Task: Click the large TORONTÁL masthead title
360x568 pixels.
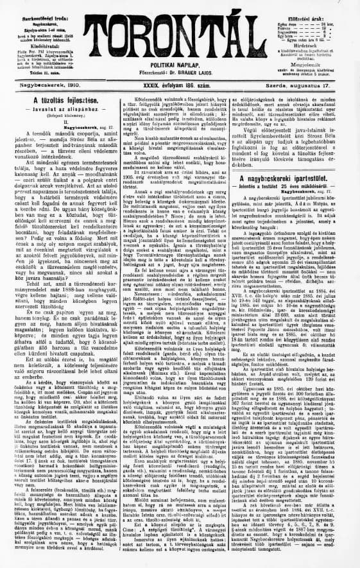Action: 179,29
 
